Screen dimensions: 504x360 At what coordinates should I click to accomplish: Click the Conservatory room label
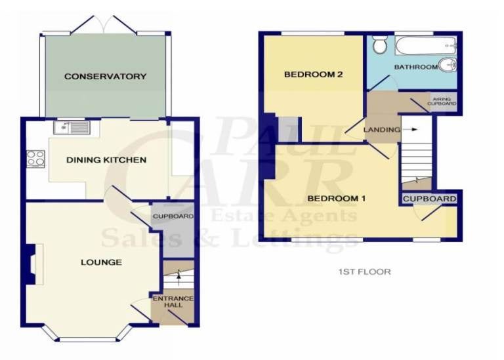pyautogui.click(x=106, y=77)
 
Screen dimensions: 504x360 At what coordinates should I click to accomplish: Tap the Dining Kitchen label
pyautogui.click(x=106, y=160)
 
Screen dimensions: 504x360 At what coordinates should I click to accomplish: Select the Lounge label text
pyautogui.click(x=101, y=262)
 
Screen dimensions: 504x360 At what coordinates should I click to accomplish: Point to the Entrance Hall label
pyautogui.click(x=173, y=302)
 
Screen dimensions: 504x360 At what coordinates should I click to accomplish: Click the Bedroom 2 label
pyautogui.click(x=314, y=75)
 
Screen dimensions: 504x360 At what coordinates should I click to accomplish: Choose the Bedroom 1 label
pyautogui.click(x=337, y=199)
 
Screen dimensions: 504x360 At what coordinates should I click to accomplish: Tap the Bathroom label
pyautogui.click(x=416, y=67)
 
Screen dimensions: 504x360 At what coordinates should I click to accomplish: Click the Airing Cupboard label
pyautogui.click(x=442, y=102)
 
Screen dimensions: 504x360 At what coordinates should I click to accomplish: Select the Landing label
pyautogui.click(x=382, y=130)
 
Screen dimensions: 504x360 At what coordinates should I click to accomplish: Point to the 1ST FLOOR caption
pyautogui.click(x=364, y=271)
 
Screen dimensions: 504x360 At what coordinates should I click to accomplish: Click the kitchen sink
pyautogui.click(x=72, y=127)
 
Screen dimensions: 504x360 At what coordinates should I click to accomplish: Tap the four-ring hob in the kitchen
pyautogui.click(x=35, y=159)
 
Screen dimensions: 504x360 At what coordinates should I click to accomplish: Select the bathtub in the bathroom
pyautogui.click(x=426, y=46)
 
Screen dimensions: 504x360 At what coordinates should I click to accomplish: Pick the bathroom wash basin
pyautogui.click(x=448, y=65)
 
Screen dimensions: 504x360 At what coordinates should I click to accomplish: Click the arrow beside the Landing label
pyautogui.click(x=410, y=129)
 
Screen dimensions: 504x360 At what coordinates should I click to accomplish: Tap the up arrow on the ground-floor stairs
pyautogui.click(x=179, y=278)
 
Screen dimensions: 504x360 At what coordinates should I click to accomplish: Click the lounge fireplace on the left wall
pyautogui.click(x=34, y=264)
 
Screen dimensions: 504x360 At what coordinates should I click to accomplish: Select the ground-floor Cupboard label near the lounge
pyautogui.click(x=173, y=216)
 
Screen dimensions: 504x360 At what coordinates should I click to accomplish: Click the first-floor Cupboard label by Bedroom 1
pyautogui.click(x=429, y=199)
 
